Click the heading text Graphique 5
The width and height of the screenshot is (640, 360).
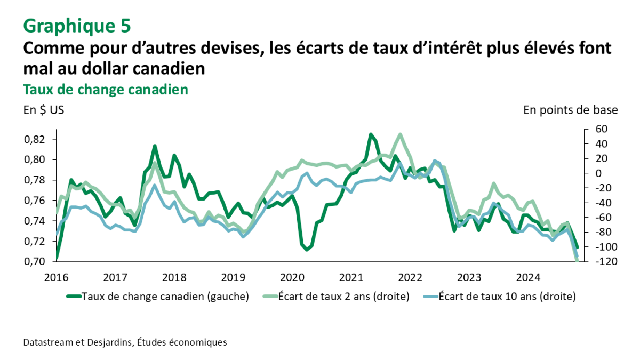tap(77, 25)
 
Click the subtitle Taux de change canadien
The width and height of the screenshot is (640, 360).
tap(106, 89)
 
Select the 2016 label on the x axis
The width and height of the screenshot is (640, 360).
tap(56, 277)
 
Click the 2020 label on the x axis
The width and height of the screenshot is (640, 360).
tap(292, 277)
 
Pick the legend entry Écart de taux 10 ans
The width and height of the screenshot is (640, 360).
tap(507, 297)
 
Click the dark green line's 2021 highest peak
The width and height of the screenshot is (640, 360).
tap(371, 134)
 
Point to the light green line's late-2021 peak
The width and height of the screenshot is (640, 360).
tap(400, 134)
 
